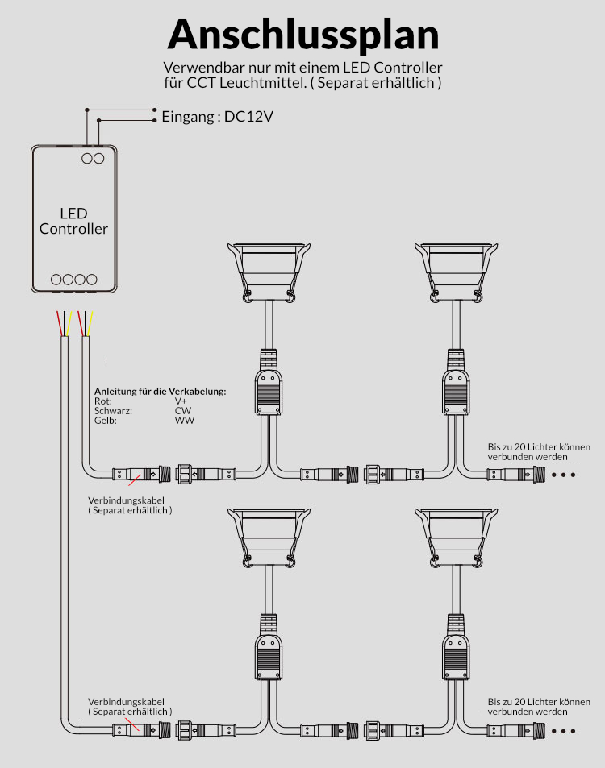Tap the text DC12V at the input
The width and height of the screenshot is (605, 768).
click(248, 117)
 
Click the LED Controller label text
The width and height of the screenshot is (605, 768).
click(73, 221)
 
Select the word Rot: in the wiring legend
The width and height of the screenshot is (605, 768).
click(103, 401)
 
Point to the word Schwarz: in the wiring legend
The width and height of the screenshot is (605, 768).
click(112, 410)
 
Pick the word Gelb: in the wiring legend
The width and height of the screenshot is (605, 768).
click(105, 420)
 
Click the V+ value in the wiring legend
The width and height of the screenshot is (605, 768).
click(181, 401)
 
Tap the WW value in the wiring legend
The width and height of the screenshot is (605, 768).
click(184, 420)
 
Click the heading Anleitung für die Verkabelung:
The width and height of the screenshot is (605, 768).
click(160, 391)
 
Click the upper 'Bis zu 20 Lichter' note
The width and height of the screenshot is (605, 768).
click(539, 451)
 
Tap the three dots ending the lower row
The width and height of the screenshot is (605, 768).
click(563, 731)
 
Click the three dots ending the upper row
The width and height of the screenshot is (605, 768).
click(563, 475)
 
